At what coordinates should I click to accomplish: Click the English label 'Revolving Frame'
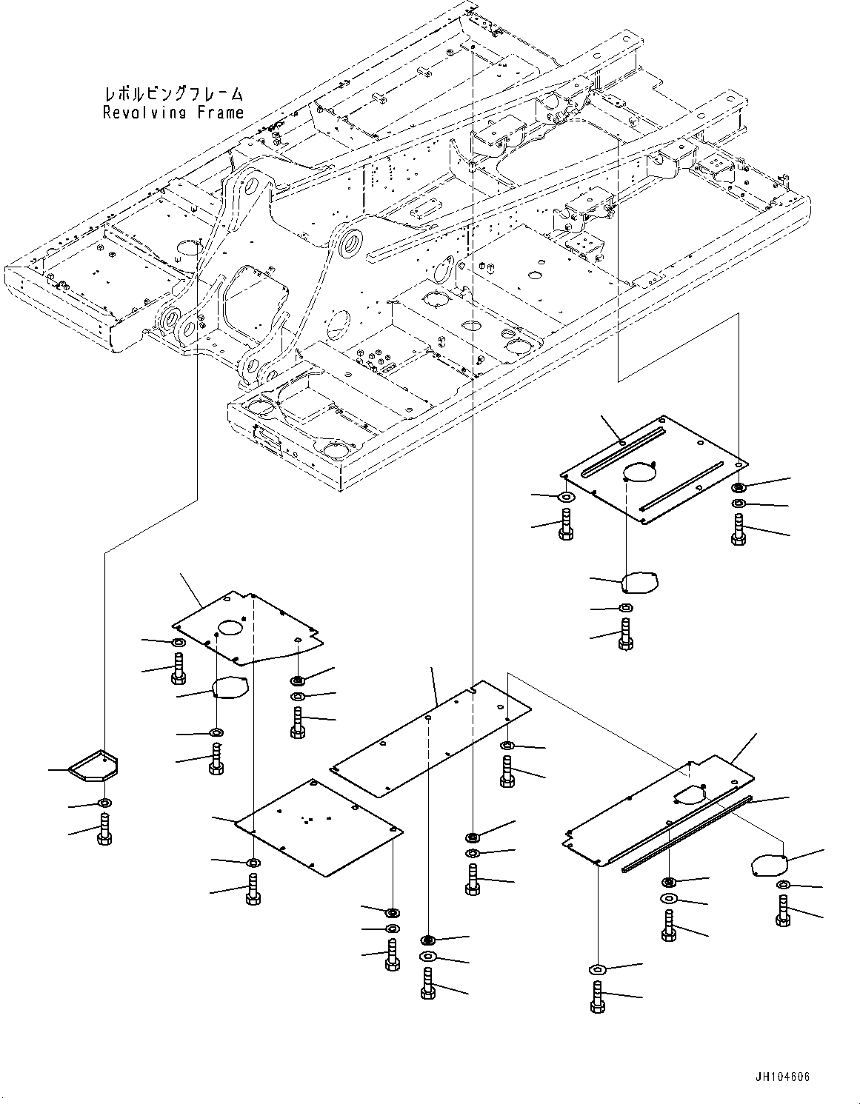coord(173,113)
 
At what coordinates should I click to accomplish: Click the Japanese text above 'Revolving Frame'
coord(173,95)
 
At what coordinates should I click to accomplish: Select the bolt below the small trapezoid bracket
coord(104,827)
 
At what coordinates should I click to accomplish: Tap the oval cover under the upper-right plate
coord(640,581)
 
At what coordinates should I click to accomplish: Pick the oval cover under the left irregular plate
coord(230,687)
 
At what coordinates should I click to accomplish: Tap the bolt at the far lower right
coord(784,910)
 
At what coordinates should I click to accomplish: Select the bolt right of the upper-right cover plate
coord(738,529)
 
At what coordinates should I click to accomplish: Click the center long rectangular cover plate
coord(430,738)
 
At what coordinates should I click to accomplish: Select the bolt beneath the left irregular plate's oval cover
coord(216,759)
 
